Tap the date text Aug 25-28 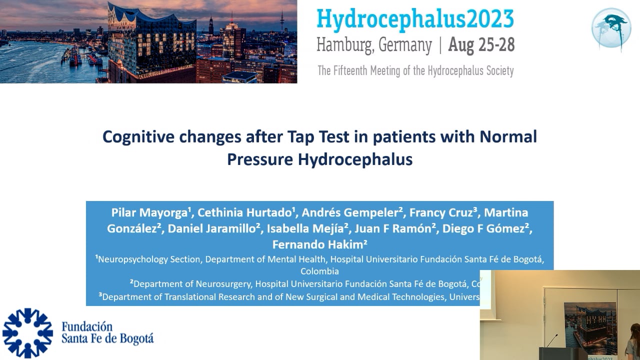(x=481, y=45)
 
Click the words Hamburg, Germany (x=374, y=46)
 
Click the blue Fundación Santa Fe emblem (x=27, y=333)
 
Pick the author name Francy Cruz (x=440, y=212)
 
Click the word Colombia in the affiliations (x=319, y=271)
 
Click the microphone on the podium (x=551, y=341)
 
